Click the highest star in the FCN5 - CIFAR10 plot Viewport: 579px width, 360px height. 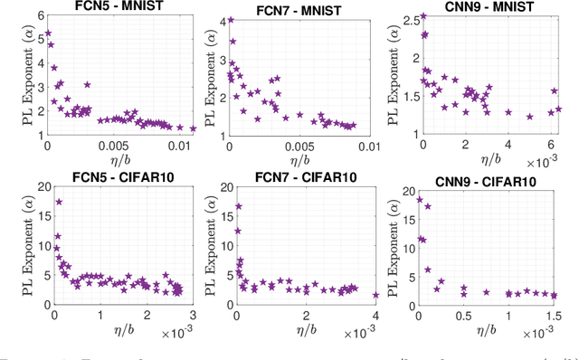(x=59, y=202)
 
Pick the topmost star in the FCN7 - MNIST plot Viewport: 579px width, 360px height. (x=230, y=19)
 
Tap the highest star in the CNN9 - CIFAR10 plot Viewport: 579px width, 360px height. (x=419, y=200)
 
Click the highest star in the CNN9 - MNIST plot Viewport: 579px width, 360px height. (x=422, y=16)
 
